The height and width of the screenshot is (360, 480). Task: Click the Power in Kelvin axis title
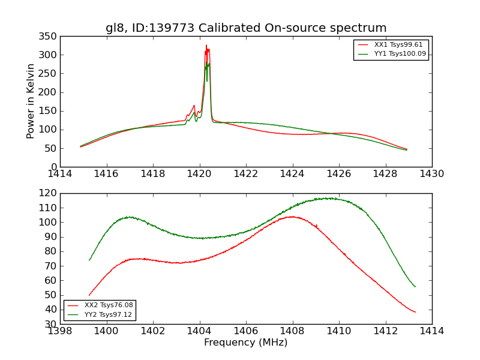tap(31, 101)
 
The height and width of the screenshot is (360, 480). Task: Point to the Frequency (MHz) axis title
tap(246, 343)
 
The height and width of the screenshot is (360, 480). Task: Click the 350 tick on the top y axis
tap(50, 36)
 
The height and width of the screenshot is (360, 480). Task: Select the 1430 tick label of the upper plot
tap(432, 174)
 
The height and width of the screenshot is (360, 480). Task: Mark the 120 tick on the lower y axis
tap(50, 193)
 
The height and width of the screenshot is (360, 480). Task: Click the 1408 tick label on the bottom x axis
tap(293, 331)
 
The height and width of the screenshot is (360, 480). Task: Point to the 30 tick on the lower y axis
tap(52, 324)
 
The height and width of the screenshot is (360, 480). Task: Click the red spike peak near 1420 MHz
tap(206, 46)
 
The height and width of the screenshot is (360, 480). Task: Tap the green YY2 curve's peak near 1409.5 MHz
tap(328, 198)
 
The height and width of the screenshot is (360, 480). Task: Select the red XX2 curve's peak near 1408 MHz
tap(292, 217)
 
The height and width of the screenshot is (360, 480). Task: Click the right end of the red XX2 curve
tap(415, 312)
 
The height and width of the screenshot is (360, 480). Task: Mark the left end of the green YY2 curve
tap(89, 260)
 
